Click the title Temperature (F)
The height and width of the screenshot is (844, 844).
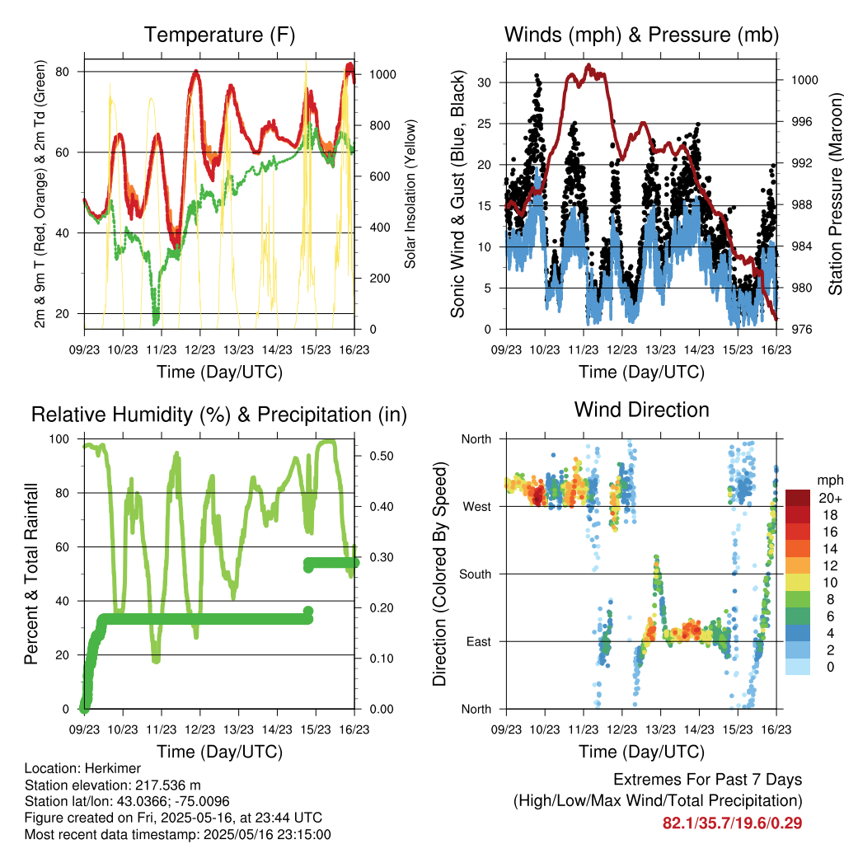pos(219,35)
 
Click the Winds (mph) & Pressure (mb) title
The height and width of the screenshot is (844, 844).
pos(641,35)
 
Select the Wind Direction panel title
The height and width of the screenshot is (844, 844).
pos(641,410)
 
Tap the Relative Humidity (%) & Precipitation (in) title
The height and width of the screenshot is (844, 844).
pos(219,415)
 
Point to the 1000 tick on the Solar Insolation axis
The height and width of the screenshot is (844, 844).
pos(382,74)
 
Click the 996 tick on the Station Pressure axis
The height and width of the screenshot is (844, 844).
pos(804,122)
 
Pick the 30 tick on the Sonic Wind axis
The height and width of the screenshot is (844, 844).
pos(484,82)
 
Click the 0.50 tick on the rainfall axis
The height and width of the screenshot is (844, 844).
pos(382,456)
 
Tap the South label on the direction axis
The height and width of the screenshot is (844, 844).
pos(476,574)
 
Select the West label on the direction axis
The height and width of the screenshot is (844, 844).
pos(477,507)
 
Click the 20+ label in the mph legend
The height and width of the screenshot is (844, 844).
pos(830,499)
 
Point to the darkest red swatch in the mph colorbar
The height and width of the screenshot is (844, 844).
pos(798,498)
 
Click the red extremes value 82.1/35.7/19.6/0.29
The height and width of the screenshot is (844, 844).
pos(732,823)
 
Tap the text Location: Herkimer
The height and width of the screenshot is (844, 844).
pos(82,768)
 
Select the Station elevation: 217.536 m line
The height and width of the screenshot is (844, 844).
pos(112,785)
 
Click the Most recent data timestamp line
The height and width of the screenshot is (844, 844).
pos(178,835)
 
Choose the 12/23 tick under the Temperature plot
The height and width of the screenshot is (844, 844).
pos(199,349)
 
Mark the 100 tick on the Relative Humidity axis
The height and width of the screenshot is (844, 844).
pos(59,439)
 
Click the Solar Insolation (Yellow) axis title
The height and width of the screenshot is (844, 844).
pos(410,194)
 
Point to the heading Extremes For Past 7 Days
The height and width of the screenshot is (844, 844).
pos(708,780)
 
